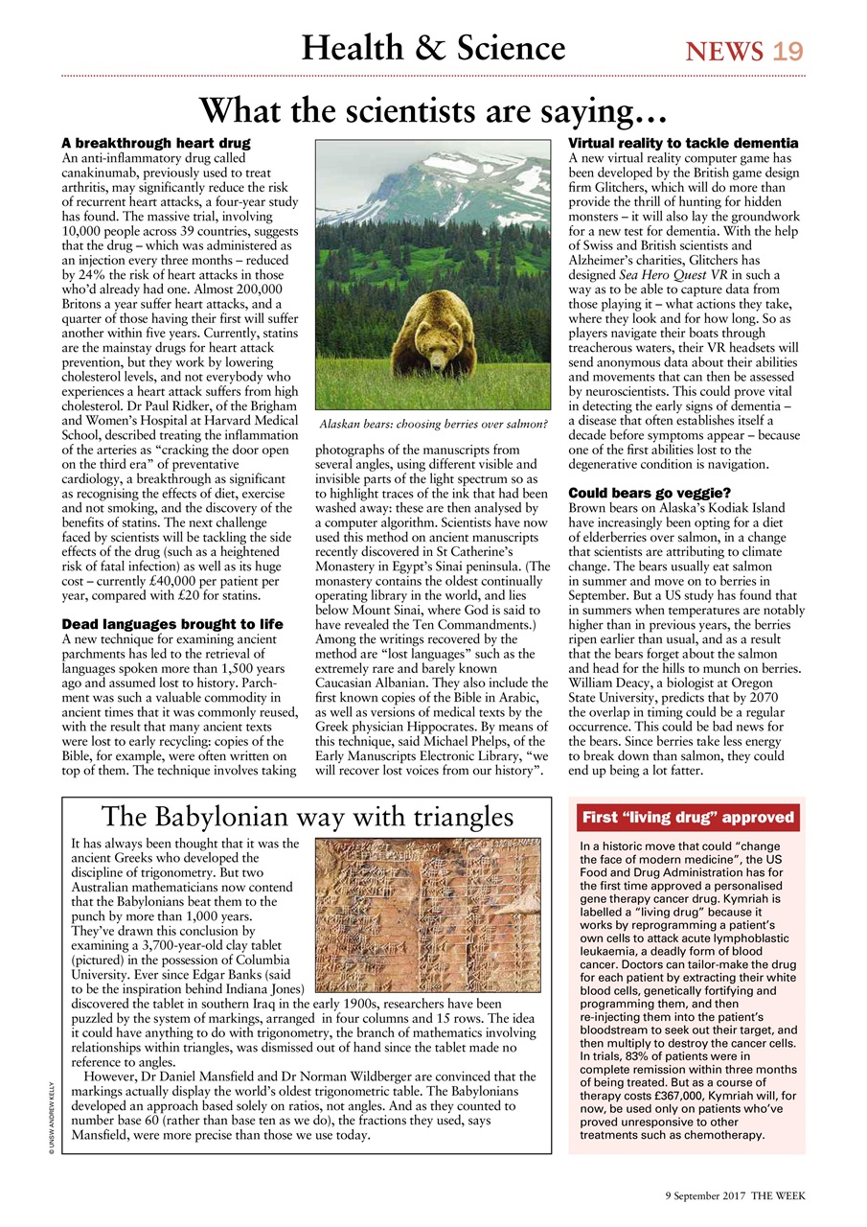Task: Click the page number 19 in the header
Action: [x=788, y=51]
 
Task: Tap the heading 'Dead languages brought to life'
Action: [x=171, y=624]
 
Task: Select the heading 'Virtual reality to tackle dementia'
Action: [x=683, y=143]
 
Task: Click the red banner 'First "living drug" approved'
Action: [x=687, y=817]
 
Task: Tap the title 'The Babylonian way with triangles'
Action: [x=307, y=817]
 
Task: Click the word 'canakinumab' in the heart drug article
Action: [x=104, y=170]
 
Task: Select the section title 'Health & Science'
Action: [x=433, y=48]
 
